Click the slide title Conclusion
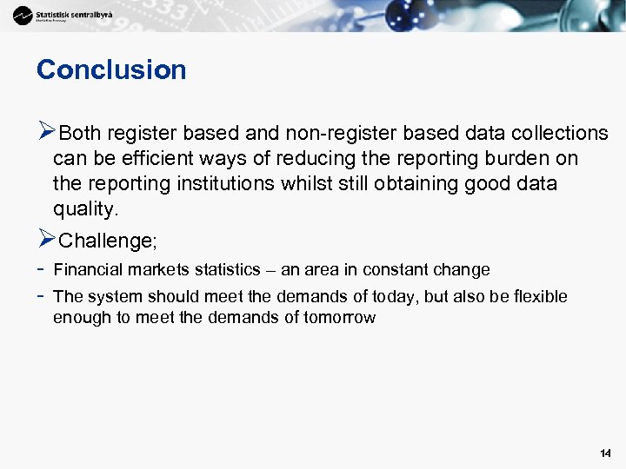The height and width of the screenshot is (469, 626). click(x=111, y=70)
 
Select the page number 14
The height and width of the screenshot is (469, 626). click(x=605, y=453)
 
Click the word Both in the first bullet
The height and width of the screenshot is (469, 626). click(x=80, y=133)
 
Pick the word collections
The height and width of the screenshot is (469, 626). click(x=560, y=133)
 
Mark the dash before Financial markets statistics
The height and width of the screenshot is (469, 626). click(x=41, y=269)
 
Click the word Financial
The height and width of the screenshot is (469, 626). click(x=88, y=269)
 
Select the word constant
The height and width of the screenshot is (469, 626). click(x=408, y=269)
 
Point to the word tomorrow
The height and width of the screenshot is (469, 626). click(x=339, y=317)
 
